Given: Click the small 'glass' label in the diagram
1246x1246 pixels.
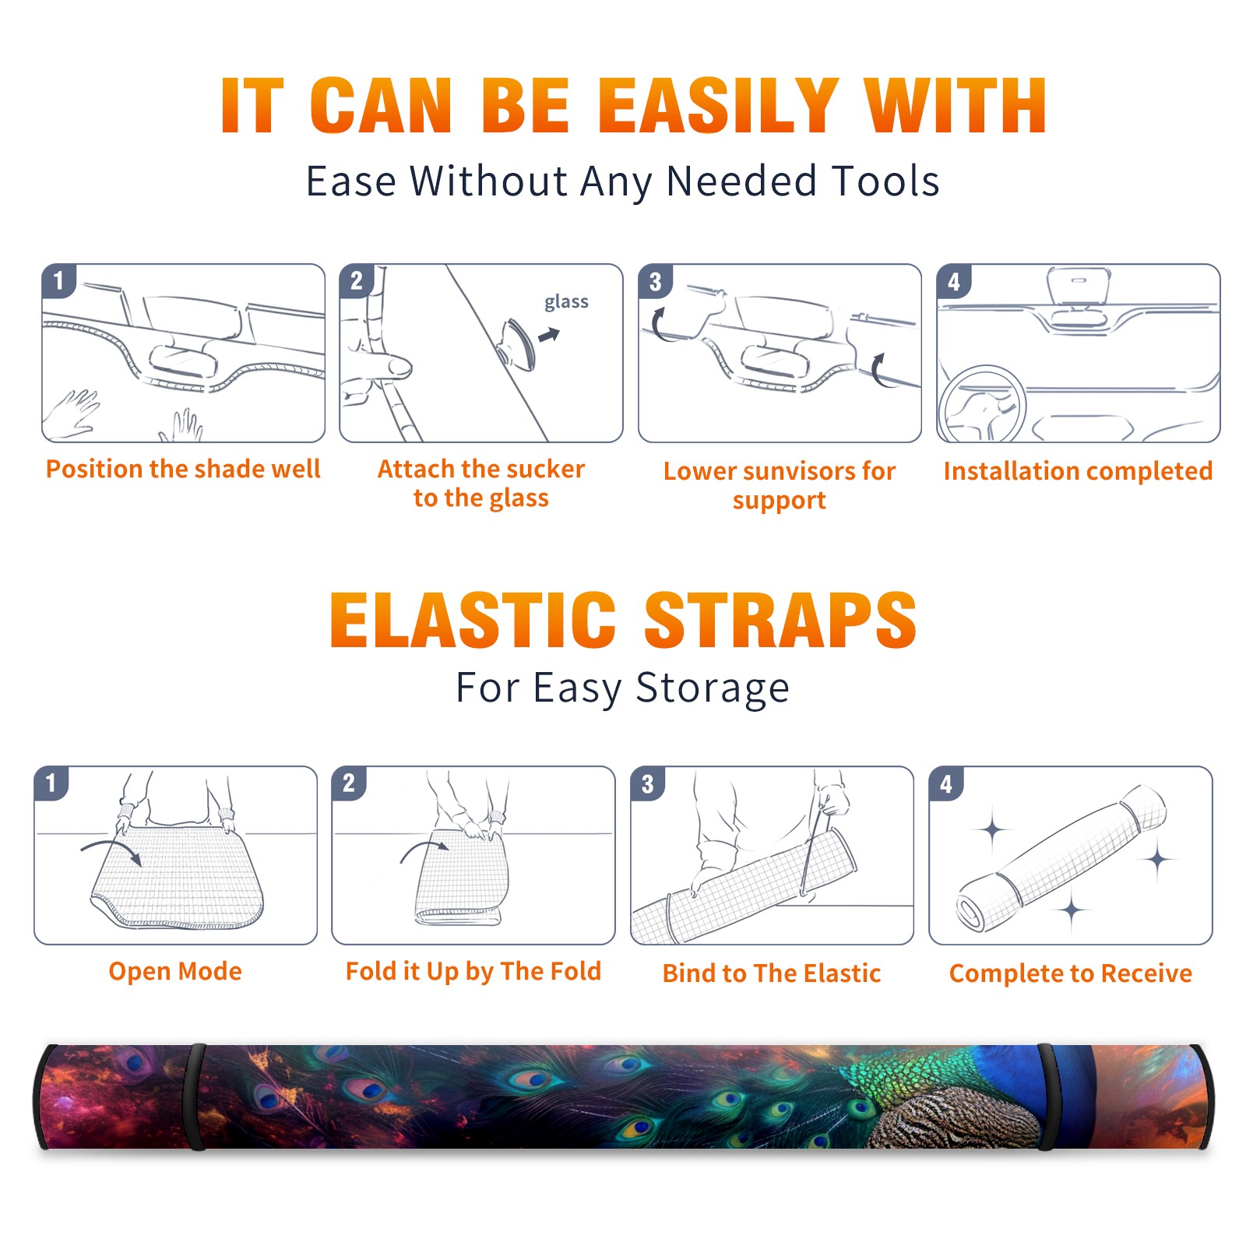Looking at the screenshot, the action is click(x=566, y=302).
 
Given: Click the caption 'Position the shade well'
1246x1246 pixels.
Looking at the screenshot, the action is click(x=183, y=469).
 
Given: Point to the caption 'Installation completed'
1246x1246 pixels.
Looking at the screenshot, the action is click(x=1078, y=470).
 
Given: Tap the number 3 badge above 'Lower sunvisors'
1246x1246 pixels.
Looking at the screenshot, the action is click(x=655, y=281).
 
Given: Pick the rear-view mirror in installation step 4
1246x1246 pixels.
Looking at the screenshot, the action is click(x=1079, y=287).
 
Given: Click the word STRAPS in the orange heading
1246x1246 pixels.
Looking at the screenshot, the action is click(x=780, y=620).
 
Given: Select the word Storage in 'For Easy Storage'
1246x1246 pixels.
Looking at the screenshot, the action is click(x=713, y=688).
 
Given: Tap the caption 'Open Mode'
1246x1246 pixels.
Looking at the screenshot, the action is click(x=175, y=971).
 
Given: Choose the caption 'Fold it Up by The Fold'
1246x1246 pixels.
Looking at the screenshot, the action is click(x=473, y=971).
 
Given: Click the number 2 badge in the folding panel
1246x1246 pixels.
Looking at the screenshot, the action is click(x=349, y=783).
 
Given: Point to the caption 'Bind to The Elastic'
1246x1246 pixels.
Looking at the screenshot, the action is click(x=772, y=973).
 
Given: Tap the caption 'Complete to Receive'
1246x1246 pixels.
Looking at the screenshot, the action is click(x=1071, y=973).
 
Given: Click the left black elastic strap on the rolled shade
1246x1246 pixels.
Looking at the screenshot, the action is click(x=196, y=1096).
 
